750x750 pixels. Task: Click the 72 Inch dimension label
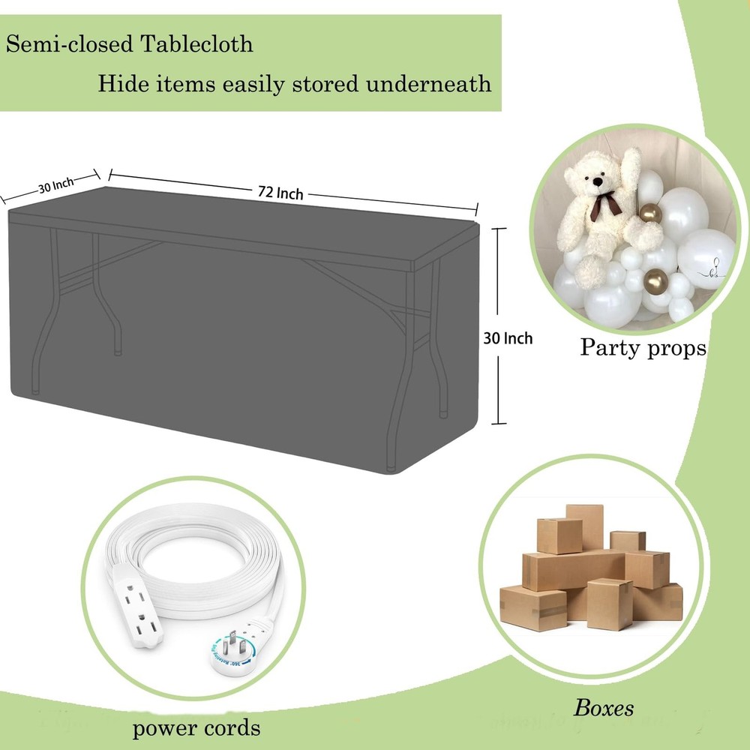[280, 193]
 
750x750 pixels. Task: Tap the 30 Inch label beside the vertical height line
[508, 339]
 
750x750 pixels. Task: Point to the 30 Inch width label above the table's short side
[56, 184]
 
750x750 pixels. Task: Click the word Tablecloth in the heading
[196, 44]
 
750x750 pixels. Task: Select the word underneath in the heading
[428, 84]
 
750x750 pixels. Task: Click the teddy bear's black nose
[597, 181]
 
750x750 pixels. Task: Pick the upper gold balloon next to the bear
[650, 212]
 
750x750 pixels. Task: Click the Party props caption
[643, 347]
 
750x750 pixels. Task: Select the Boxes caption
[604, 708]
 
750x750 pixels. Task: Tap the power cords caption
[196, 728]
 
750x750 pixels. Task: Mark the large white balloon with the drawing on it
[706, 259]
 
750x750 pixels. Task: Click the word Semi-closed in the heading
[70, 44]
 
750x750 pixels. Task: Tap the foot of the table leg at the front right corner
[391, 468]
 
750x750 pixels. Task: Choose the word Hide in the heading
[124, 84]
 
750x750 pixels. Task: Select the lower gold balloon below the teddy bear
[655, 281]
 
